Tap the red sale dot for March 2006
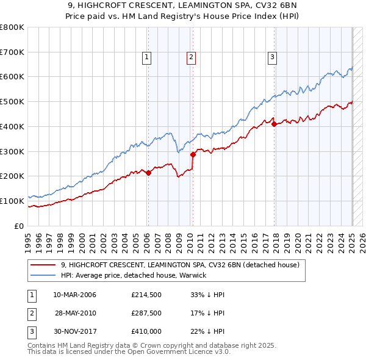pos(148,173)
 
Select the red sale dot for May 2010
pos(193,154)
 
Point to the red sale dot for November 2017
pos(274,124)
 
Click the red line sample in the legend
pos(42,265)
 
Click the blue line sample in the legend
pos(42,275)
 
